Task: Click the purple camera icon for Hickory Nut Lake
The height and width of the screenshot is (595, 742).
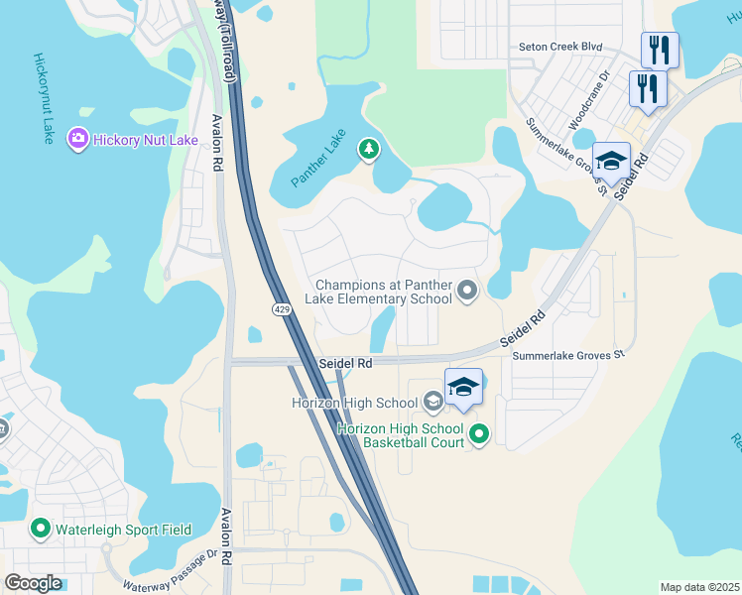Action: tap(78, 140)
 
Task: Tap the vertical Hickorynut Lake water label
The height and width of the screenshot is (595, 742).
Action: tap(43, 98)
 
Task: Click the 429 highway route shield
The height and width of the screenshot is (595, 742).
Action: tap(282, 310)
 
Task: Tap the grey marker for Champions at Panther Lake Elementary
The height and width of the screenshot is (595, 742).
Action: tap(467, 290)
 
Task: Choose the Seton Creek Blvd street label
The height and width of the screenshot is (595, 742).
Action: tap(560, 47)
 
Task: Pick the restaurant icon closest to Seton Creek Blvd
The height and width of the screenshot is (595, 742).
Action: tap(659, 50)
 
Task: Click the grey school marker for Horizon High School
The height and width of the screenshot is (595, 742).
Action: tap(433, 402)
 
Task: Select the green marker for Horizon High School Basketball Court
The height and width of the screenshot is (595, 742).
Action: tap(479, 433)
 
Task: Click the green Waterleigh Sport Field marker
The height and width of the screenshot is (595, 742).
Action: tap(41, 529)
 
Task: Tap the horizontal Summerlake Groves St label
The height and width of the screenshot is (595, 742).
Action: tap(566, 353)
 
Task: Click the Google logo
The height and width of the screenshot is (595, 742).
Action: tap(33, 582)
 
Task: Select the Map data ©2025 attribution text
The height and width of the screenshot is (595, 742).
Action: tap(698, 587)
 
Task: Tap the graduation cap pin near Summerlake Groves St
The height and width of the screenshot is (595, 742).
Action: tap(612, 162)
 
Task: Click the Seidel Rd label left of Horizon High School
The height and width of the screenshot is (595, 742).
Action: tap(345, 364)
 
